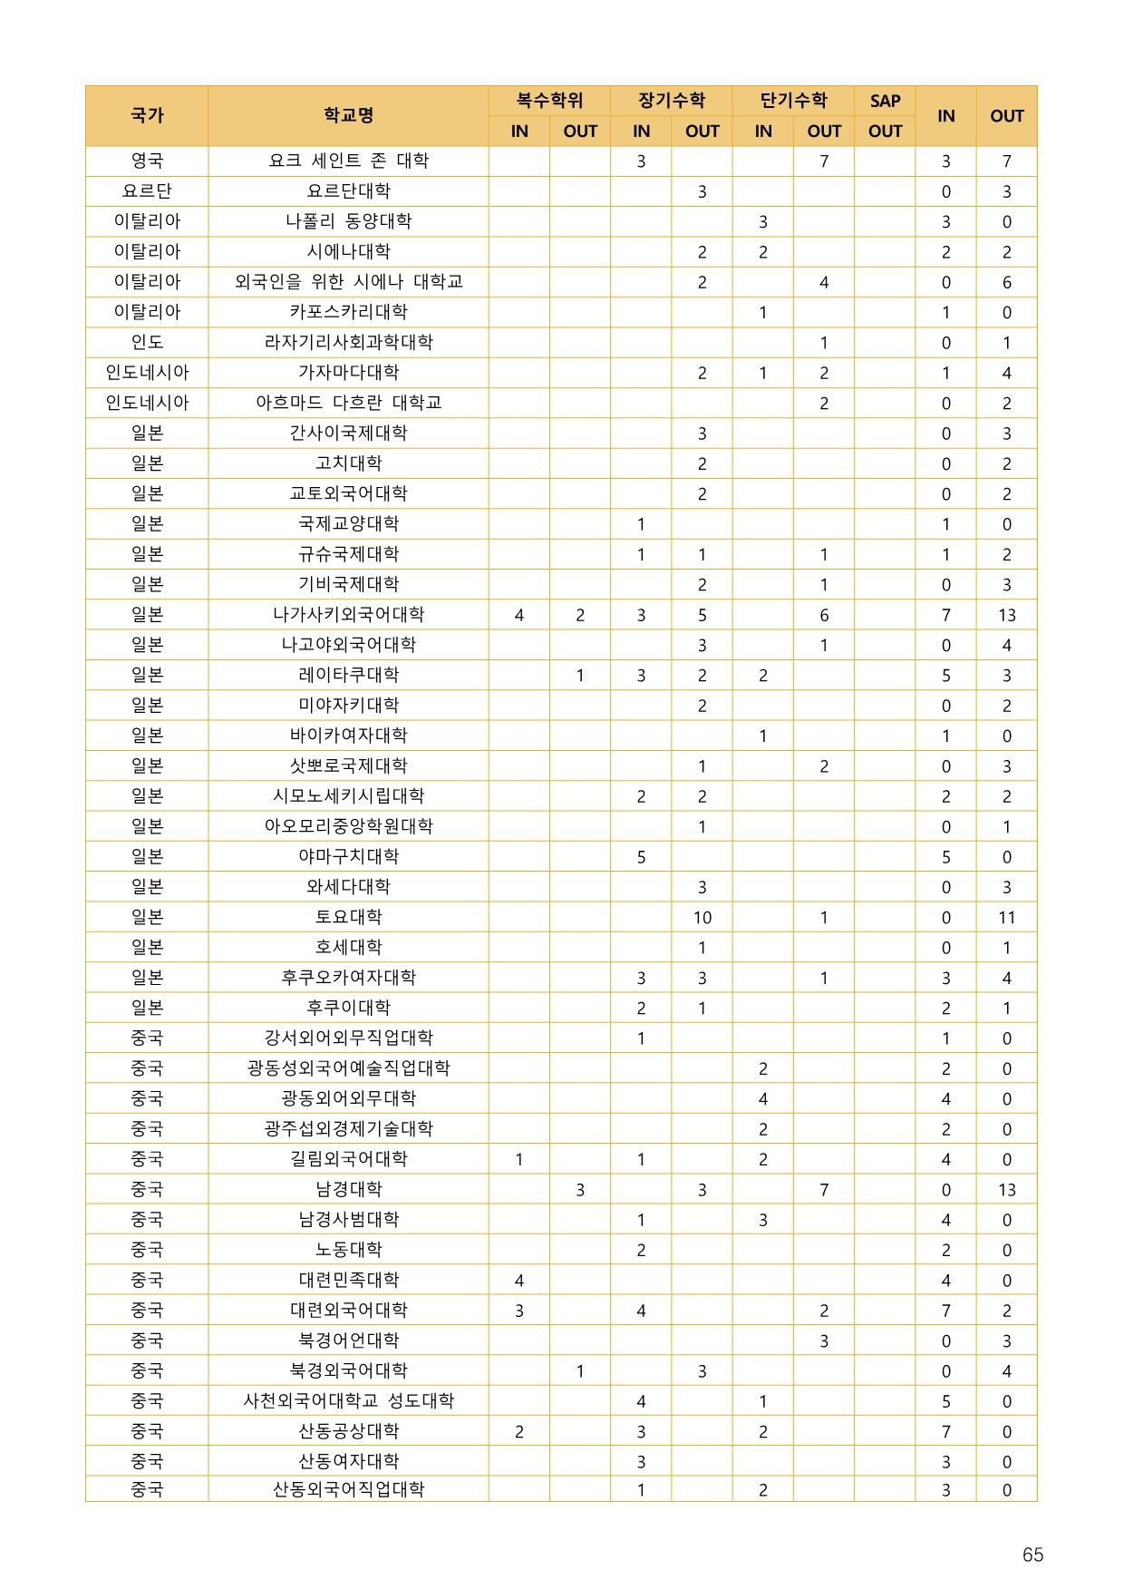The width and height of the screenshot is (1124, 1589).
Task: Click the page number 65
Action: [1032, 1555]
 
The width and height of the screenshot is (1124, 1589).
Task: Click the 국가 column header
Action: [147, 115]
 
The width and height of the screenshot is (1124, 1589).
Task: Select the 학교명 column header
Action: [348, 115]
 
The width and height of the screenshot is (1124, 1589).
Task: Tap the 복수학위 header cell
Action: [549, 101]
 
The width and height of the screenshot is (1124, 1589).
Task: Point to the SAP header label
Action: [885, 101]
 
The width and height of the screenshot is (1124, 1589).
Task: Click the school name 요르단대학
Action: [348, 191]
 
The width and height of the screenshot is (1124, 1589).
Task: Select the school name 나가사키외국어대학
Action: [348, 615]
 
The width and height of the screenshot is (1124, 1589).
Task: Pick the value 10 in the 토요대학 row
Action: [702, 918]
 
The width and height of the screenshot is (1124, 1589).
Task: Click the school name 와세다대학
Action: [348, 887]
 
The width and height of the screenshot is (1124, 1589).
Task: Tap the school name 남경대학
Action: [348, 1190]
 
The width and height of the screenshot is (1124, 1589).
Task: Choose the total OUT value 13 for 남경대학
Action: [1006, 1190]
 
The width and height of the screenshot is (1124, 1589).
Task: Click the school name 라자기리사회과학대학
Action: [348, 343]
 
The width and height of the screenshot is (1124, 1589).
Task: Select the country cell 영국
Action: [147, 161]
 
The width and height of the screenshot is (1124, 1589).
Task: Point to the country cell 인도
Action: [147, 343]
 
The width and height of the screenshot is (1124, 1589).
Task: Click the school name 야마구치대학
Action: [348, 857]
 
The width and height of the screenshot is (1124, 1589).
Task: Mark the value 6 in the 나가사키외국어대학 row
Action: [823, 615]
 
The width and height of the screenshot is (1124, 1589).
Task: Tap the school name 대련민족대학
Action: [348, 1281]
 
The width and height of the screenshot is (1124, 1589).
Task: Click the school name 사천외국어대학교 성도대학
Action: [348, 1401]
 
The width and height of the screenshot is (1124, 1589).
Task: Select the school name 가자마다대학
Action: [348, 373]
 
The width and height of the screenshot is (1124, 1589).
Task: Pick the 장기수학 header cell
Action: [672, 101]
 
